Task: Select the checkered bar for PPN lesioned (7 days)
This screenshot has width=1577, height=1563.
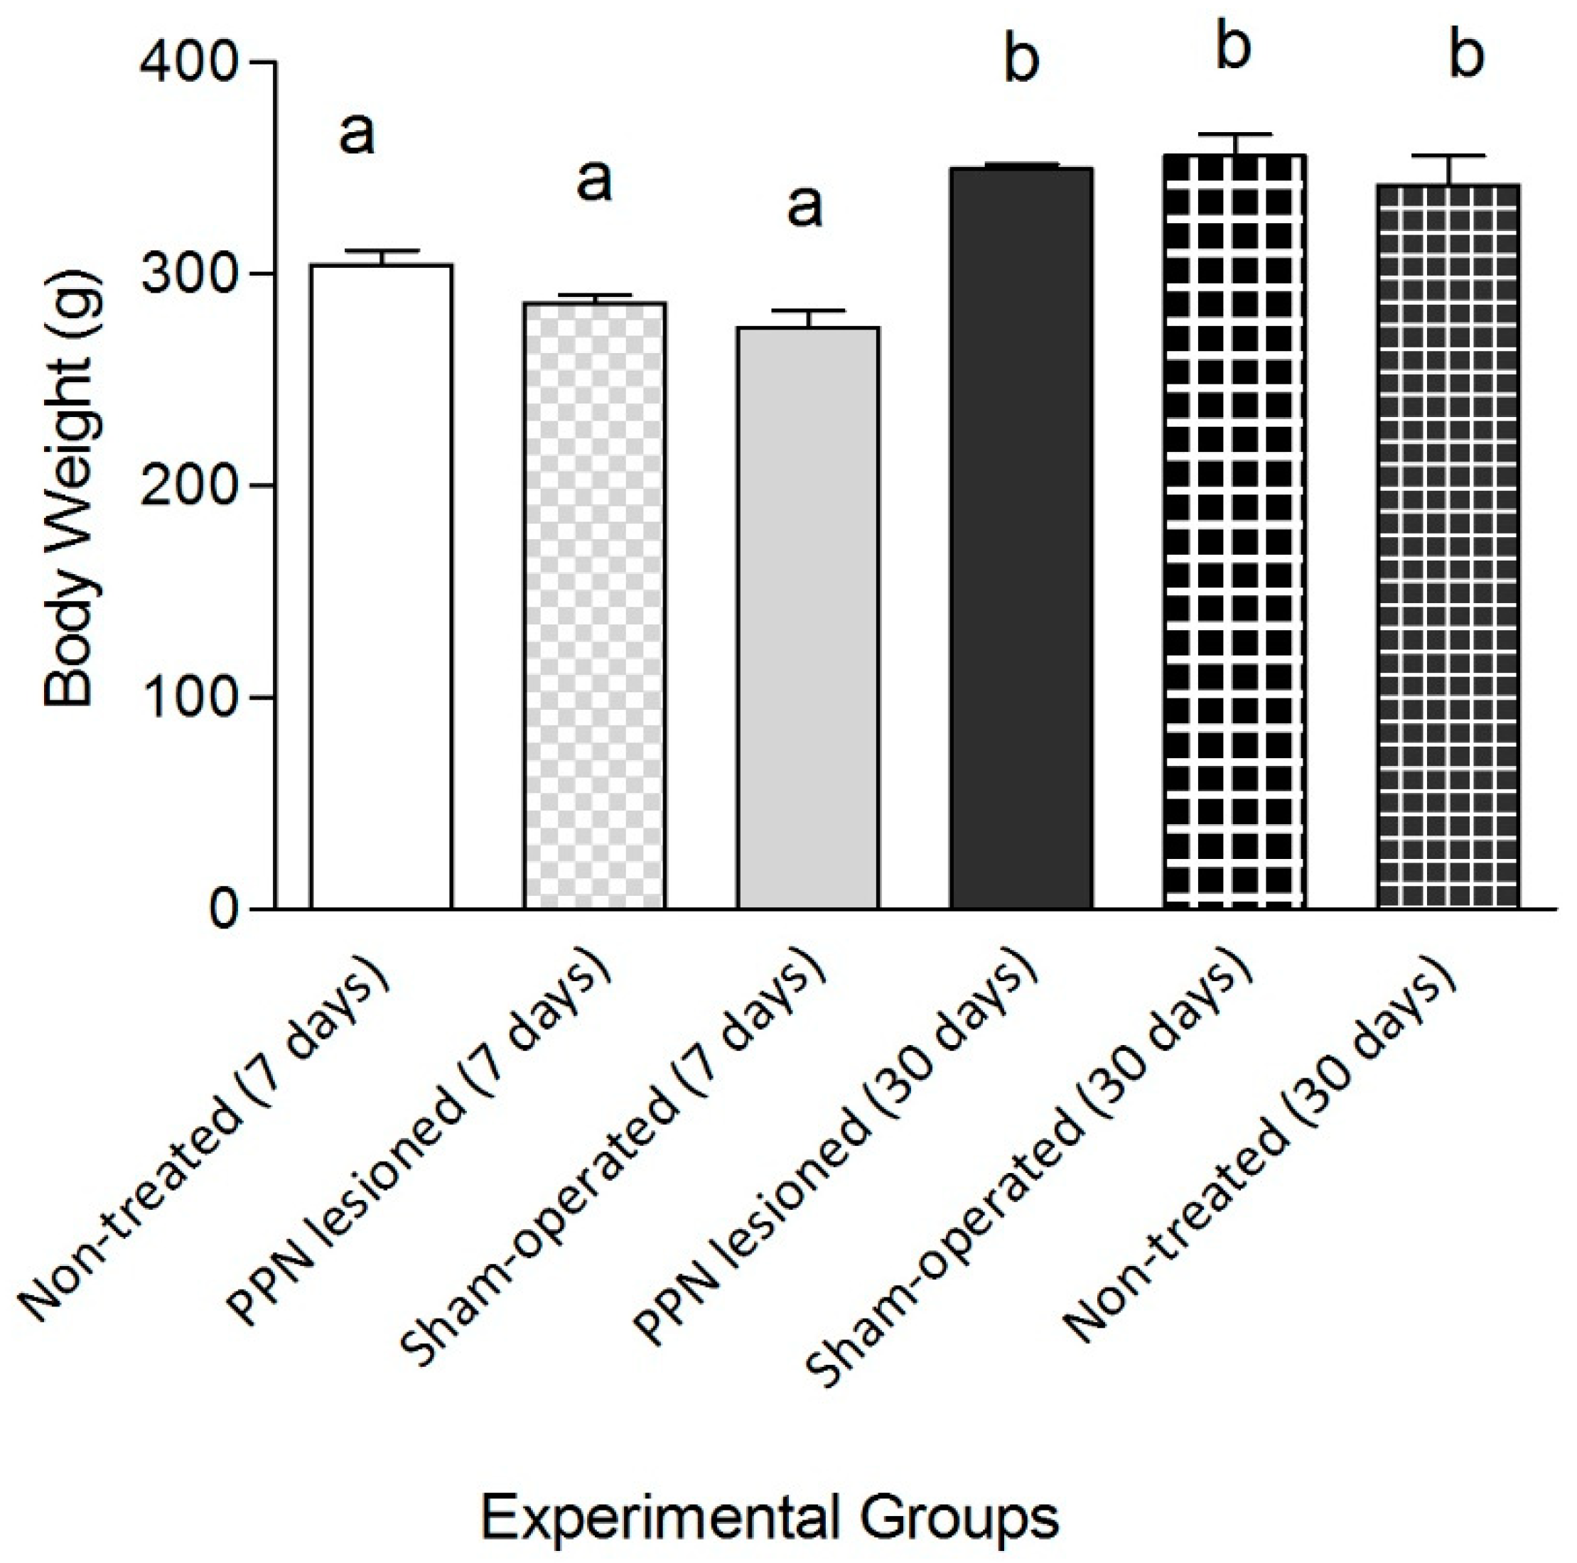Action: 594,605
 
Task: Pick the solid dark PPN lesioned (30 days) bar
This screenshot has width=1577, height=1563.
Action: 1021,538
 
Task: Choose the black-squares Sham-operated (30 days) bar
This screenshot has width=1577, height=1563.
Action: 1234,531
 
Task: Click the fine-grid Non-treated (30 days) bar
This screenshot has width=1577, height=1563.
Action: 1448,546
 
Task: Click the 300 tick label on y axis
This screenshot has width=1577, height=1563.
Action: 187,274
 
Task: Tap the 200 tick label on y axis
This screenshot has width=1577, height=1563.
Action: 187,487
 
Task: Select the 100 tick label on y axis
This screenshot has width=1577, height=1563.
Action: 187,698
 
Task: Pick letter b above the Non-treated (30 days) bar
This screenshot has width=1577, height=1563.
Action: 1467,55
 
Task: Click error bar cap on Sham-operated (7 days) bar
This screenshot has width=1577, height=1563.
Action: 808,311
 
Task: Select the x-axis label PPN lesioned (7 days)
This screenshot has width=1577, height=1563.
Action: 421,1142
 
